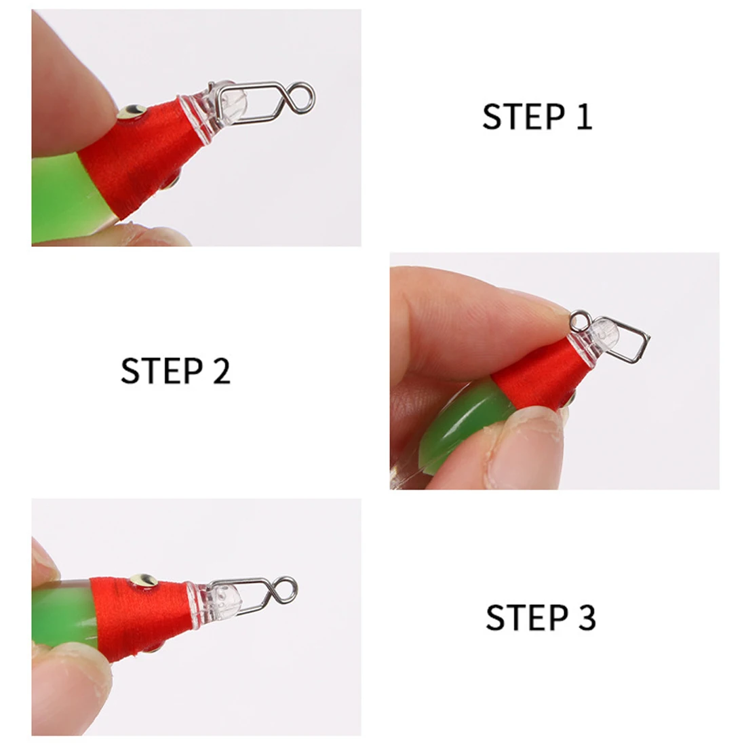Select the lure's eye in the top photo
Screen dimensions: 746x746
click(x=132, y=111)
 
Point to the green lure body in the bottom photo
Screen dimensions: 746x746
click(x=64, y=614)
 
